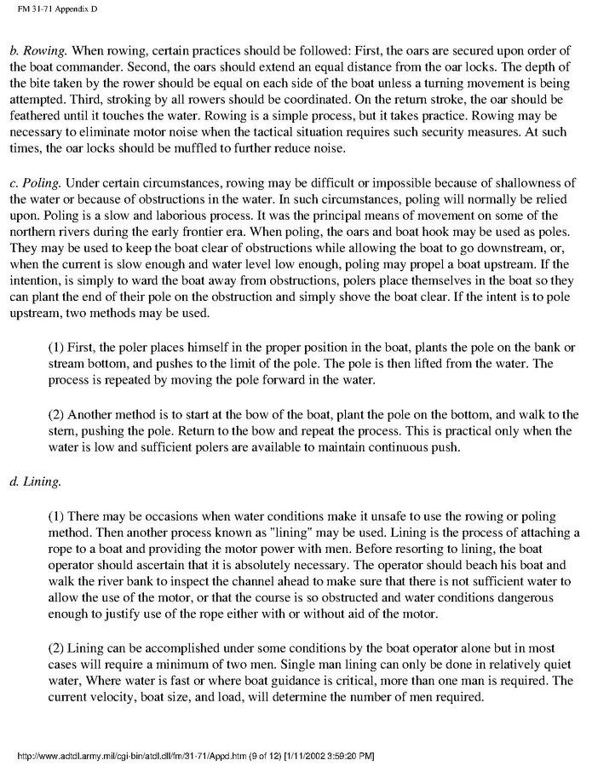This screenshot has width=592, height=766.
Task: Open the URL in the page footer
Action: click(x=119, y=756)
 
